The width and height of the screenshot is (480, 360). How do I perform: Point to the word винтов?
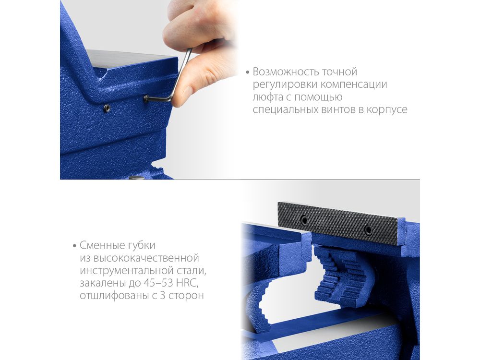pos(338,109)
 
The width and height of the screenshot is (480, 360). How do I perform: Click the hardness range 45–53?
pos(157,283)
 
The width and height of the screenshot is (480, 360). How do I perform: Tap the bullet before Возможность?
pos(248,72)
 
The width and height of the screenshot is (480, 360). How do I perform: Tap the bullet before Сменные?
pos(74,246)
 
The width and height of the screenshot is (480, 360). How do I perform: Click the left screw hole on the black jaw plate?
pos(304,220)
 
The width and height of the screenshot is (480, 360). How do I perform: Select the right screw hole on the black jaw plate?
pos(369,230)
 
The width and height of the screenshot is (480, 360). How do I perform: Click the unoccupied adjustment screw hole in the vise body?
pos(107,108)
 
